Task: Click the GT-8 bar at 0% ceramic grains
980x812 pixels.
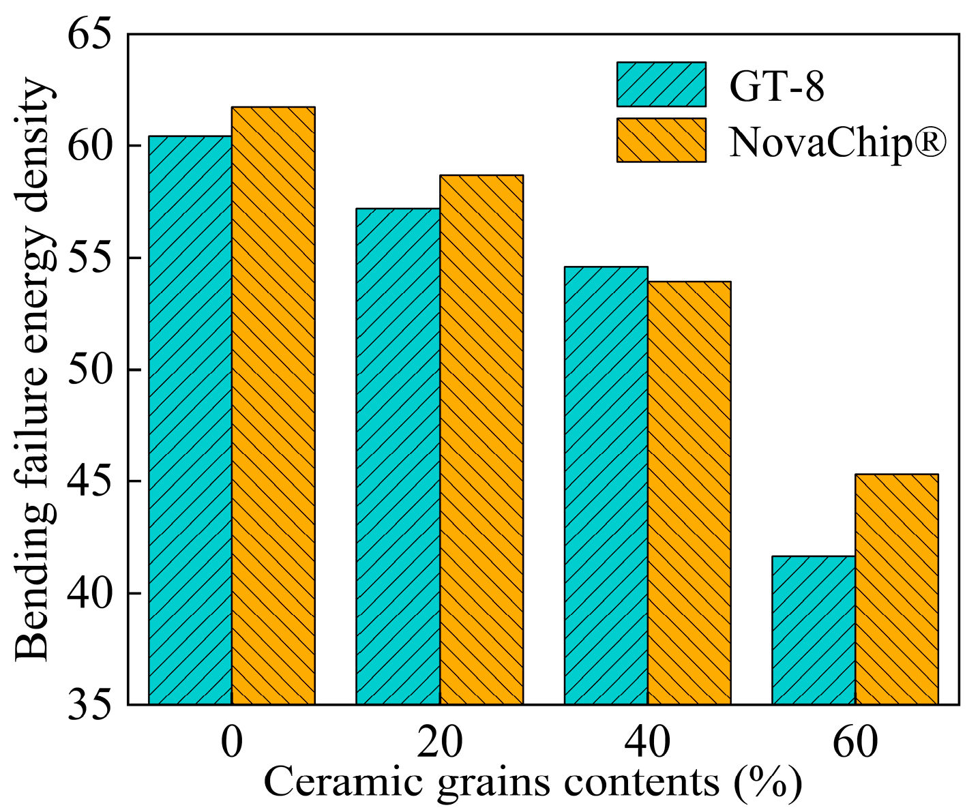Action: click(190, 420)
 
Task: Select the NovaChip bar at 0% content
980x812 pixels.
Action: click(273, 406)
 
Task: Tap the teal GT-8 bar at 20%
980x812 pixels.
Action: click(398, 456)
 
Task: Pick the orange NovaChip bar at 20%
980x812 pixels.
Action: click(481, 440)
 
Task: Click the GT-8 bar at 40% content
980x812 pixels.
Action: click(606, 485)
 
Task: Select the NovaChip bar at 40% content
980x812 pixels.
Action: click(689, 493)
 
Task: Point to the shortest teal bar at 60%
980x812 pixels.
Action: click(814, 631)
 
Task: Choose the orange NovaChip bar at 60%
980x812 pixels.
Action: click(897, 590)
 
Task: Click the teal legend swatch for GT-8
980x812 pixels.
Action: click(661, 85)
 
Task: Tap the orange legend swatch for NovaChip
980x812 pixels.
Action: click(661, 140)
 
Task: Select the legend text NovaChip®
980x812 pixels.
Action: click(838, 142)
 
